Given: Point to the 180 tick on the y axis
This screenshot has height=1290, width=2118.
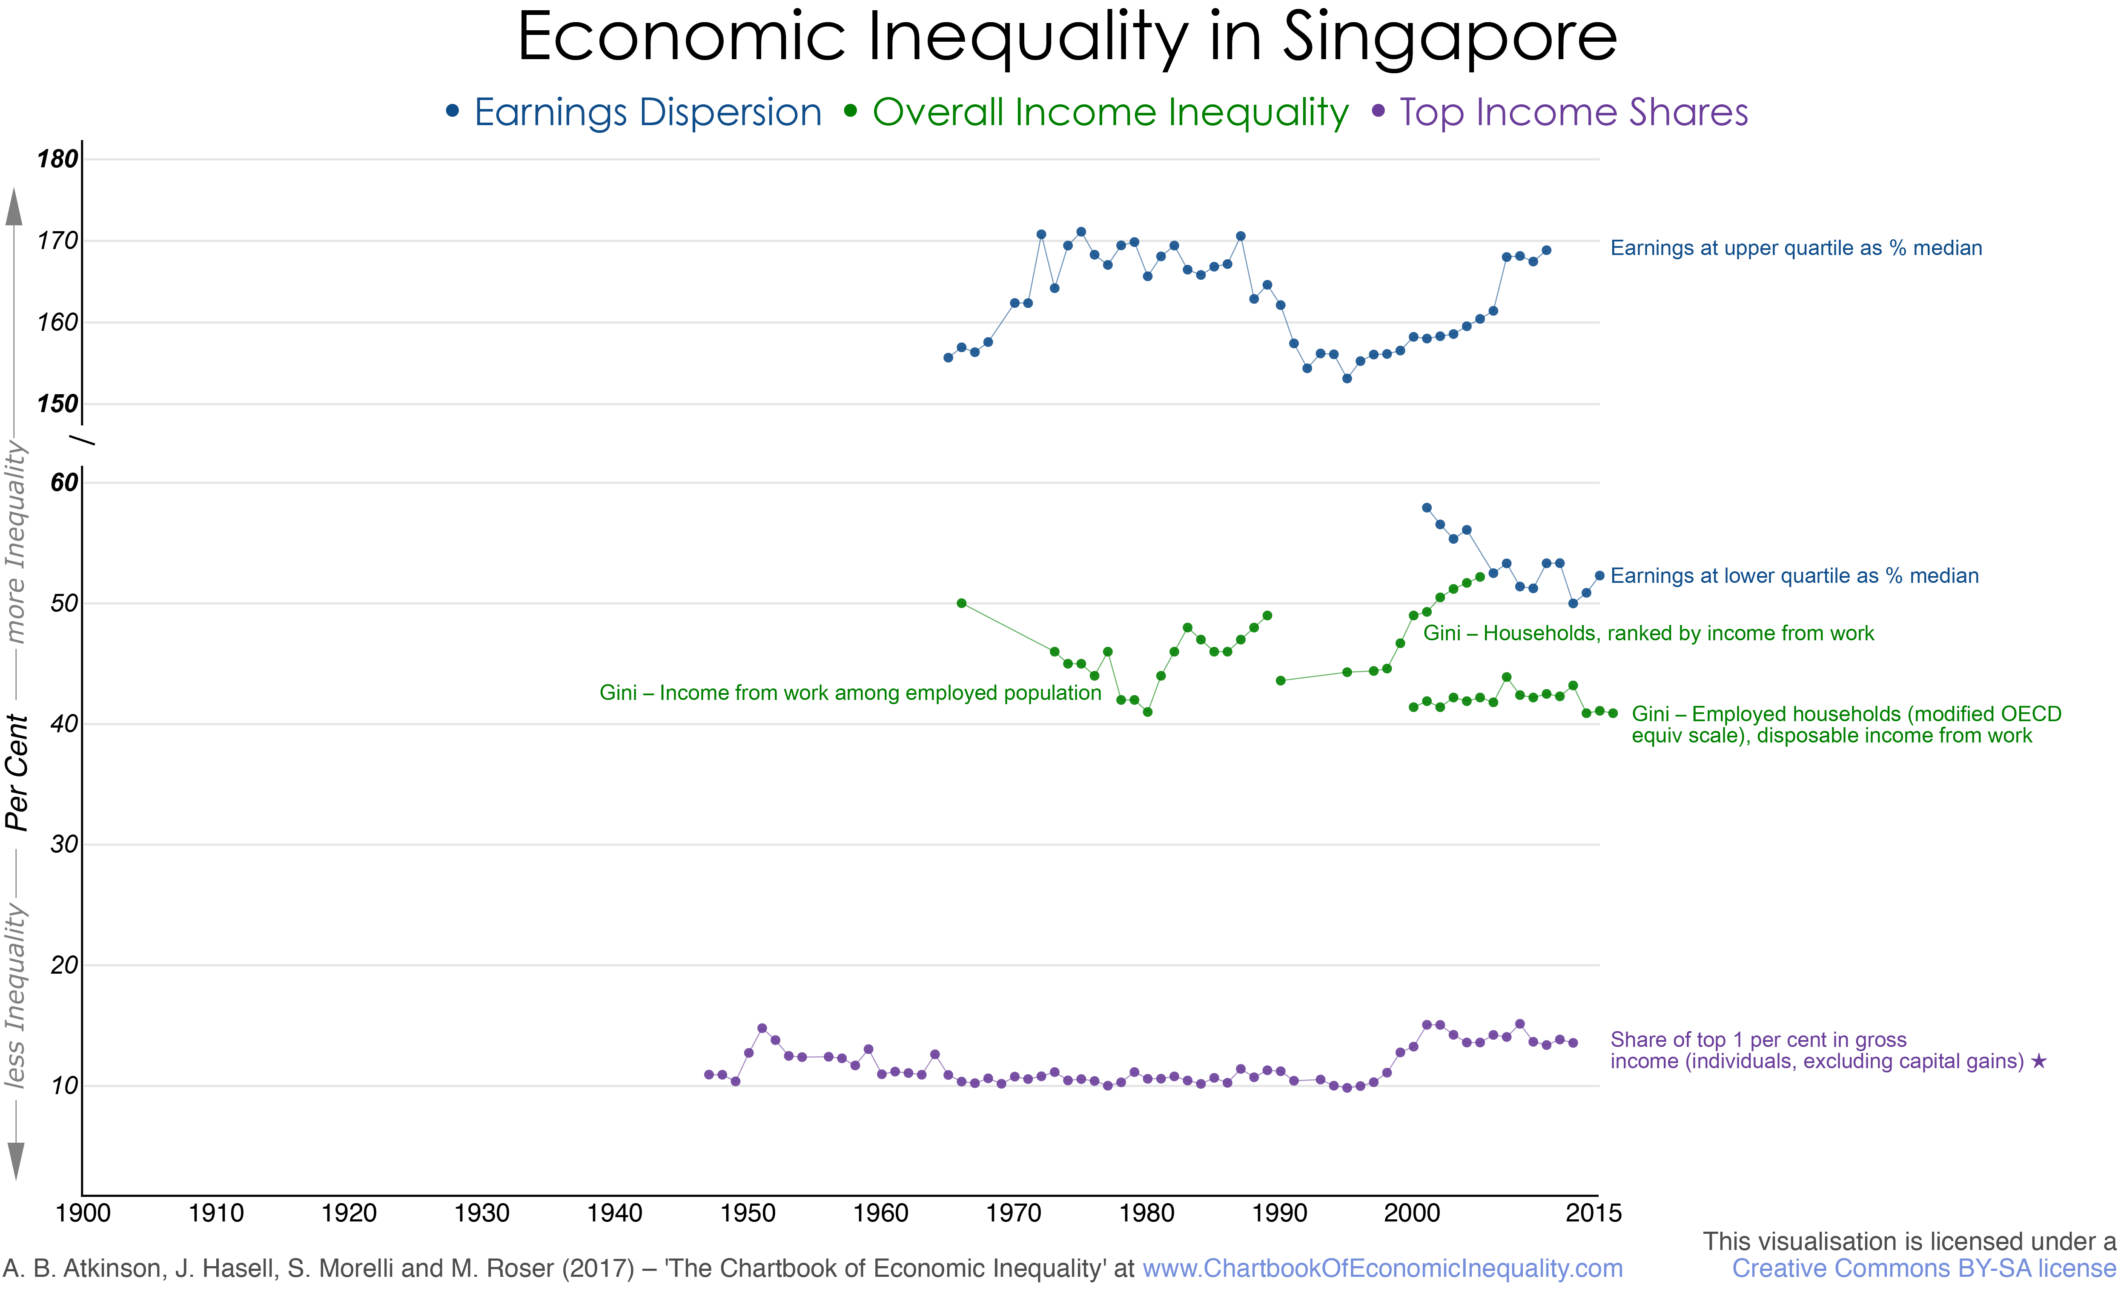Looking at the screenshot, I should (57, 159).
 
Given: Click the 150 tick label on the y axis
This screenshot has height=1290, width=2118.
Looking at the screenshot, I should (57, 404).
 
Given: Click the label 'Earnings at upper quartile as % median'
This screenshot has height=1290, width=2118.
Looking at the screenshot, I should (1796, 248).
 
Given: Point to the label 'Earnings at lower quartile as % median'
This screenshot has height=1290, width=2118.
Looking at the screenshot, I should (1794, 576).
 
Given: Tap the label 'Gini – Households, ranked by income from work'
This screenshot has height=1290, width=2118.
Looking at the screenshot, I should (1648, 634).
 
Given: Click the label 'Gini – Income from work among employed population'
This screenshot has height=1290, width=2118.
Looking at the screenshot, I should (850, 693).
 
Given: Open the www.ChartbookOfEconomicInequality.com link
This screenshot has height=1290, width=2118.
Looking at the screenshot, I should (1382, 1269).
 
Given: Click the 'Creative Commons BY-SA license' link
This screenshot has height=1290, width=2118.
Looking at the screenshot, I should (1923, 1269).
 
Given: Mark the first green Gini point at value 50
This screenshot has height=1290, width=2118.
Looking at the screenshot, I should (961, 603).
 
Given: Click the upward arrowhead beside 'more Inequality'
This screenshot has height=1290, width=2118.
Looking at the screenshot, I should (14, 208).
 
